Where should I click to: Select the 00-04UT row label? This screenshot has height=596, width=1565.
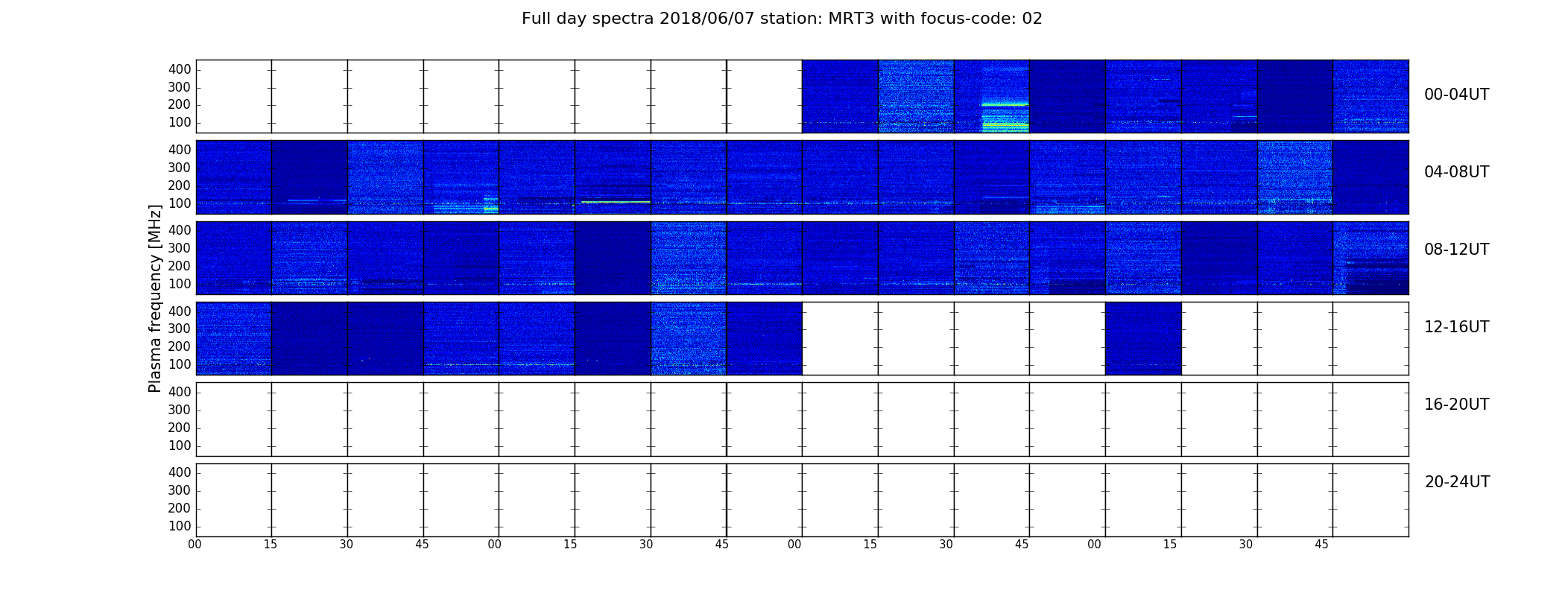pos(1457,95)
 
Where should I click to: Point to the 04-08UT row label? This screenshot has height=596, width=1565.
pos(1457,172)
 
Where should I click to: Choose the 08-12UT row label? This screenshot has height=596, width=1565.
pos(1457,250)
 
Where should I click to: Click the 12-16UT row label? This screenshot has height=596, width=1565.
pos(1457,327)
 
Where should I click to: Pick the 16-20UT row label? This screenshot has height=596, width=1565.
pos(1457,405)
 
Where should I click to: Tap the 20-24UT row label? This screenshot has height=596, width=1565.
pos(1457,482)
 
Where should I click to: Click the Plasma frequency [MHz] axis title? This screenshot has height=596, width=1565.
pos(155,298)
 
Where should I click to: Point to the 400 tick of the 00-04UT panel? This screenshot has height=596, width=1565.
pos(180,69)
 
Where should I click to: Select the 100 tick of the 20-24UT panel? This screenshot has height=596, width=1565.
pos(180,526)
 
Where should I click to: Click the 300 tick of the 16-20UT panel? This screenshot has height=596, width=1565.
pos(180,410)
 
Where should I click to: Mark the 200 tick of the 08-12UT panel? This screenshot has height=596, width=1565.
pos(180,266)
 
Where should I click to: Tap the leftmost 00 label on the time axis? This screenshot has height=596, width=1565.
pos(195,545)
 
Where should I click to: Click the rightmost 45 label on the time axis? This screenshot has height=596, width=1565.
pos(1321,545)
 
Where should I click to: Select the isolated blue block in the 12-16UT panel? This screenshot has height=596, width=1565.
pos(1143,338)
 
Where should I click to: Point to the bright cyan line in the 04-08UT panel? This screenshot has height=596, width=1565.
pos(616,202)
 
